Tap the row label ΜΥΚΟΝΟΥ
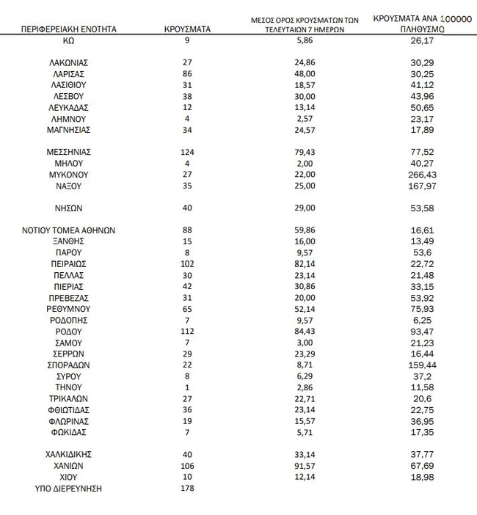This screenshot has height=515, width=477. tap(69, 175)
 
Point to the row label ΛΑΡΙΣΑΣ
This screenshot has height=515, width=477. tap(69, 74)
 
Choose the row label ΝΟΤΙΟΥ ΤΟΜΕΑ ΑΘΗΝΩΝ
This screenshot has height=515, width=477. tap(69, 230)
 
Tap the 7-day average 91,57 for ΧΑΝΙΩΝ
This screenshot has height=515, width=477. tap(302, 466)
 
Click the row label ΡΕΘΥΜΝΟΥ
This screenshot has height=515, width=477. tap(69, 309)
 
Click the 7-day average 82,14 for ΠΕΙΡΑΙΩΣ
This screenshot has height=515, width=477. tap(302, 264)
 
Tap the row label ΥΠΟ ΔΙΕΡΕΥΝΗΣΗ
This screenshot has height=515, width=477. tap(69, 489)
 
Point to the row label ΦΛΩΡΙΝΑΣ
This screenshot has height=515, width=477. tap(69, 420)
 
